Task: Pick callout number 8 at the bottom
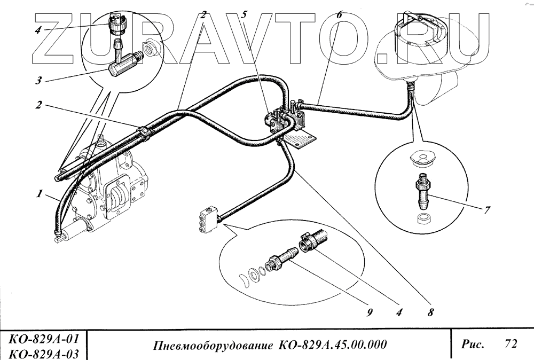coord(430,314)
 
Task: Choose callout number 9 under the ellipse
coord(368,314)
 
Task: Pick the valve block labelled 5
coord(277,122)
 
